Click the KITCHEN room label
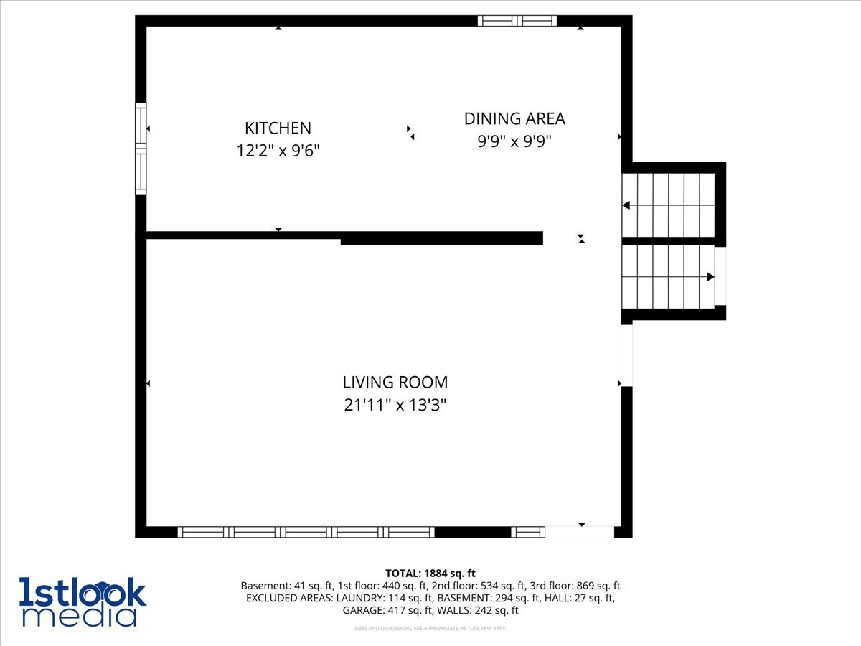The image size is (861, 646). (x=278, y=128)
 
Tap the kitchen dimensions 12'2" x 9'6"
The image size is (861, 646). (x=278, y=151)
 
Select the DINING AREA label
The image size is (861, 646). (x=514, y=118)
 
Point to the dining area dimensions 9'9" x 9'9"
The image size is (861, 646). (x=514, y=141)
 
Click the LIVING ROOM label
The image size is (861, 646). (x=395, y=383)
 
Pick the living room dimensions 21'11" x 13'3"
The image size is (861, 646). (x=395, y=406)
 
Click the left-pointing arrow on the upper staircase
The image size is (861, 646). (x=626, y=205)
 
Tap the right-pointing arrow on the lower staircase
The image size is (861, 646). (x=710, y=276)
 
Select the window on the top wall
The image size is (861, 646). (x=517, y=21)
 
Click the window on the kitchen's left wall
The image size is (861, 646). (x=141, y=149)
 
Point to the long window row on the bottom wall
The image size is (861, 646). (x=306, y=532)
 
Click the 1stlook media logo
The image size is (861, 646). (x=83, y=601)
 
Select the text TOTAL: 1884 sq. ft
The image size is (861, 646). (x=430, y=573)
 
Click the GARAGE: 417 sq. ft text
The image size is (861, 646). (x=385, y=610)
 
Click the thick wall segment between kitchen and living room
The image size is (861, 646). (x=441, y=238)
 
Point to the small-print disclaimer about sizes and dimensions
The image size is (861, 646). (x=430, y=629)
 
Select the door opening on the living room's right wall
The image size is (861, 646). (x=626, y=355)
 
